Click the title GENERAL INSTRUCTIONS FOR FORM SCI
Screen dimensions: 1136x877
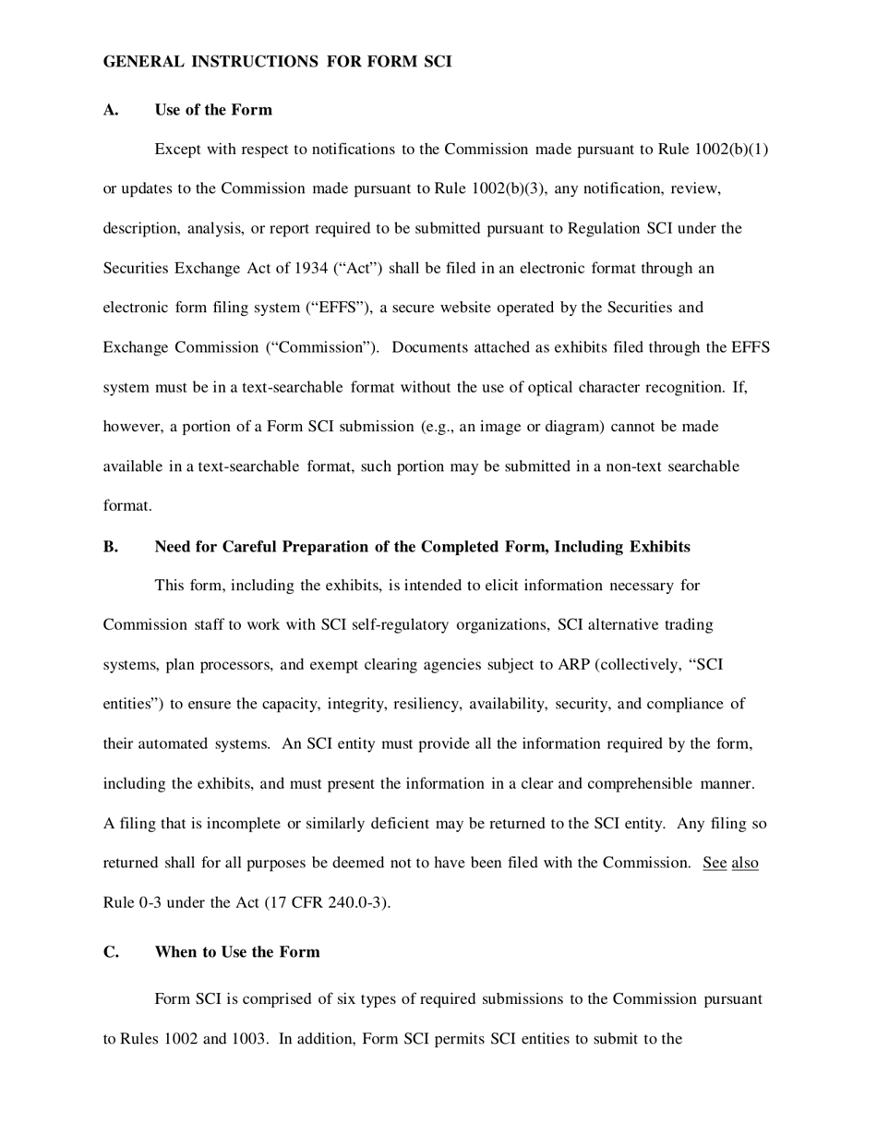click(x=277, y=62)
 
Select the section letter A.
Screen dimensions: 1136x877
click(x=111, y=110)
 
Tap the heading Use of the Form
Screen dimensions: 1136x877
click(x=213, y=110)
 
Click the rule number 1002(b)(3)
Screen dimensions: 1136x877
click(x=508, y=189)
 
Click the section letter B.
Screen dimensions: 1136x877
click(x=111, y=547)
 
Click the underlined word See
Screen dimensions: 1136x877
click(x=715, y=864)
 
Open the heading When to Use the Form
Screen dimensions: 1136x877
click(x=237, y=952)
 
